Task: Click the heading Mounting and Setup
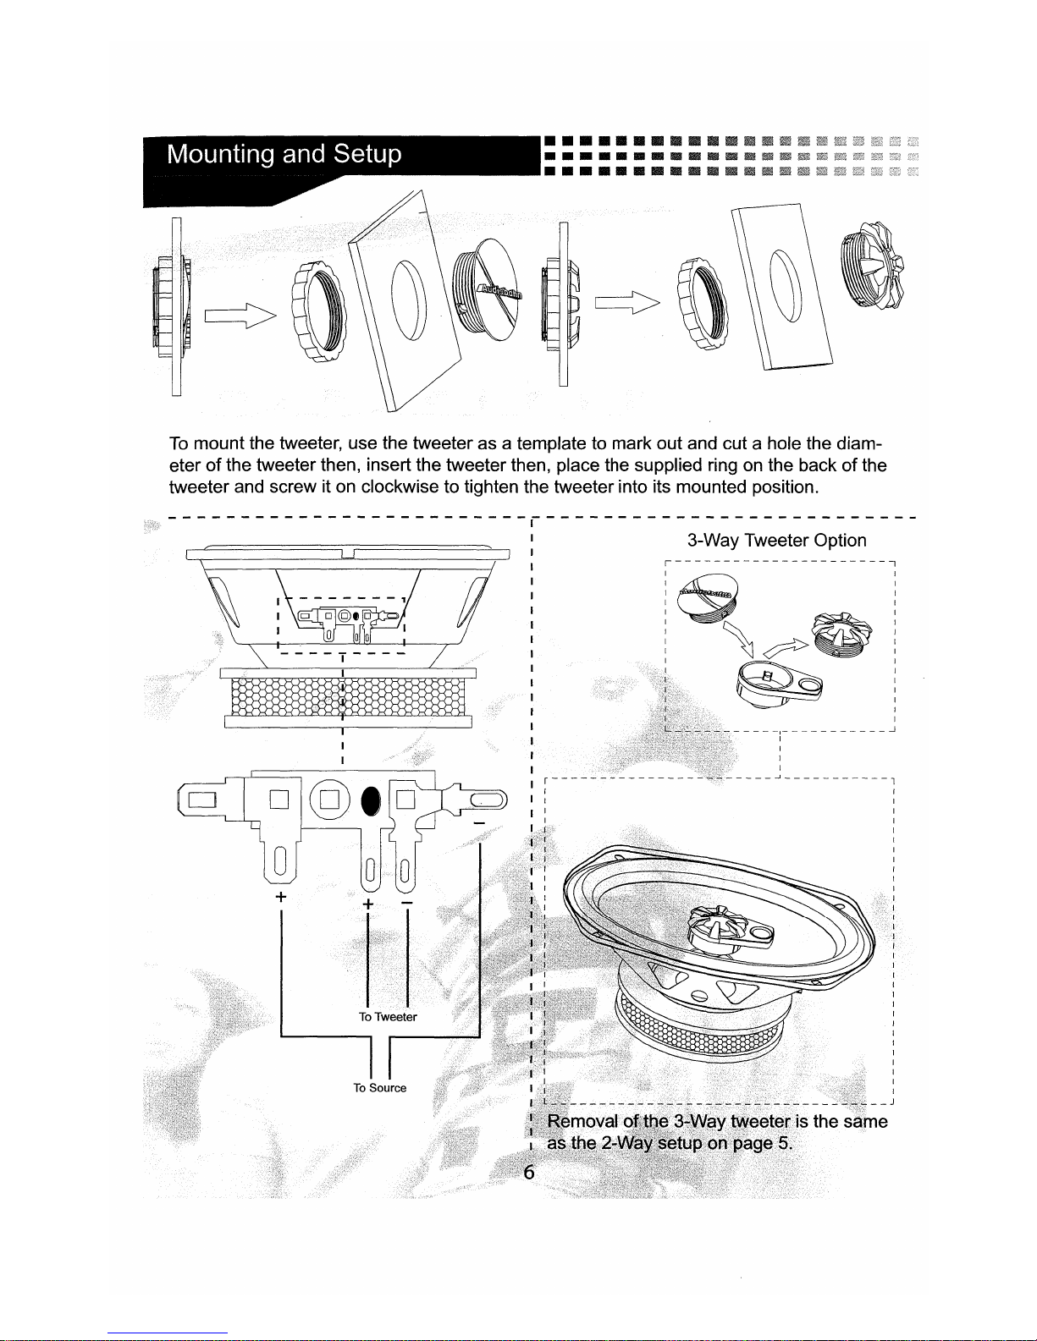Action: click(284, 154)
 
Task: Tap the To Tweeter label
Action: click(388, 1016)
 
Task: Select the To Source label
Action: click(379, 1087)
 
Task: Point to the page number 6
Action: click(528, 1172)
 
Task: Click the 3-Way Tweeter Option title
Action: click(776, 540)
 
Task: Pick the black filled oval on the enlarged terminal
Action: click(371, 801)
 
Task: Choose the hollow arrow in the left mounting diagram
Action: click(240, 316)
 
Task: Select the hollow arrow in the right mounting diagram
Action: click(627, 302)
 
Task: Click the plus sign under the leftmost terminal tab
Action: click(281, 896)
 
